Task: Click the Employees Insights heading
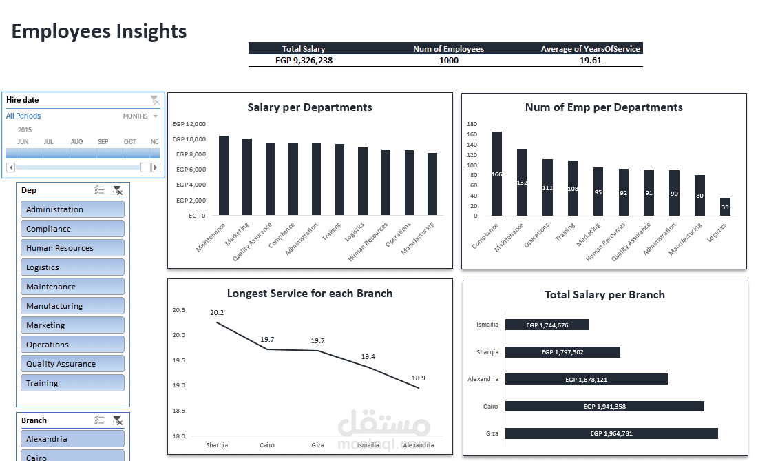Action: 99,31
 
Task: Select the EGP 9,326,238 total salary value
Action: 304,61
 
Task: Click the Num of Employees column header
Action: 448,49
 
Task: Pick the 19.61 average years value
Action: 590,61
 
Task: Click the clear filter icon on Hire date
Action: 155,101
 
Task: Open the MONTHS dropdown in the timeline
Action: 140,116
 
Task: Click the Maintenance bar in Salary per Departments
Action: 224,176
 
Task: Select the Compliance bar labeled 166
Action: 496,174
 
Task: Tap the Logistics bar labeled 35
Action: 725,207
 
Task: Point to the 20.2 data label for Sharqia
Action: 216,313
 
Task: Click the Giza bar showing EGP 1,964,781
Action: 611,433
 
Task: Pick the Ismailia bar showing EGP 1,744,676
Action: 547,325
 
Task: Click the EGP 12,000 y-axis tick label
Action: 189,124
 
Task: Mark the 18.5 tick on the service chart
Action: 178,411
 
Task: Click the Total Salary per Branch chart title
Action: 604,295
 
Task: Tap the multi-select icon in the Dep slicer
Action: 99,190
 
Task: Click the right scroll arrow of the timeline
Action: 156,167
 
